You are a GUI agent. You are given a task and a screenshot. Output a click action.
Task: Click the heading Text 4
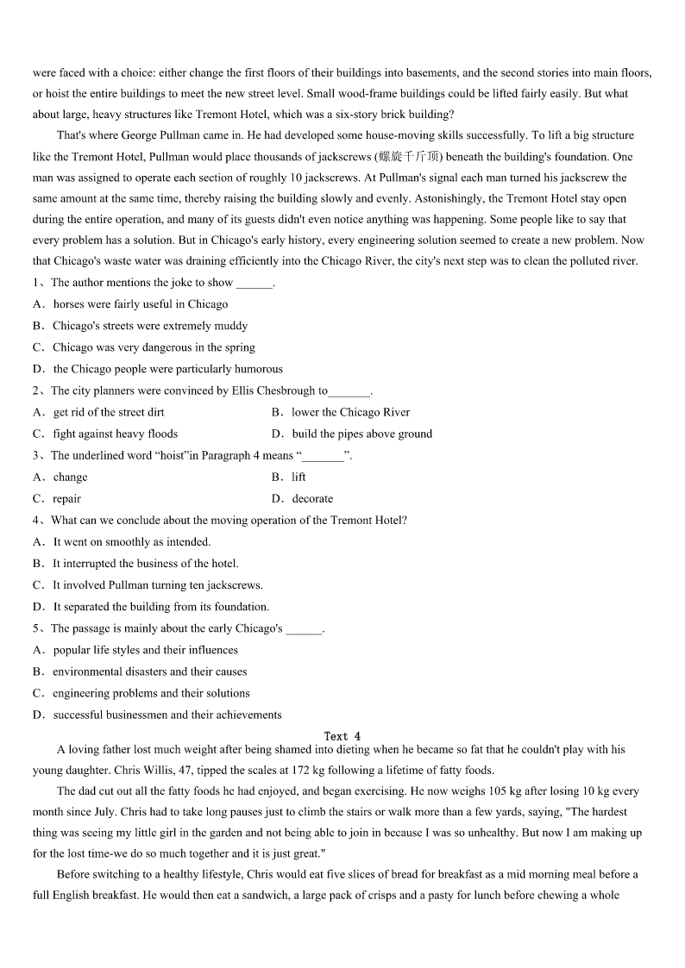tap(342, 736)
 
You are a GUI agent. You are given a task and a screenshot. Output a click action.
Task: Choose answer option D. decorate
tap(302, 498)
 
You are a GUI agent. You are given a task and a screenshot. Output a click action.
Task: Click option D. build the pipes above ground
tap(352, 434)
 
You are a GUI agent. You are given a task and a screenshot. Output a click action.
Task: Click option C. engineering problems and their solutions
tap(142, 693)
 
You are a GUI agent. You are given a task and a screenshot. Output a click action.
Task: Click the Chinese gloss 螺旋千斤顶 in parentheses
tap(409, 157)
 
